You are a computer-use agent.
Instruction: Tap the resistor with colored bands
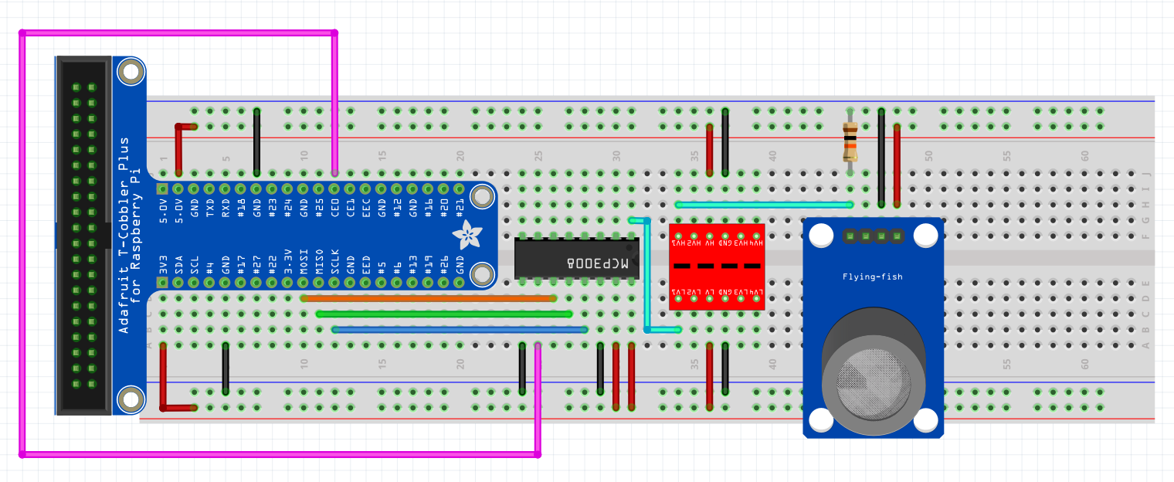[850, 143]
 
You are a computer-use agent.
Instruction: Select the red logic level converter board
[717, 266]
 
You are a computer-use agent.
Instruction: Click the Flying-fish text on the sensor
[872, 277]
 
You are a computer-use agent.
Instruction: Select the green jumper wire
[444, 314]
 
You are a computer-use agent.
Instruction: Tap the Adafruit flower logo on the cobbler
[467, 233]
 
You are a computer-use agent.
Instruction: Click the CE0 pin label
[335, 210]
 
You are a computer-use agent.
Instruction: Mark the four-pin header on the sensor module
[874, 235]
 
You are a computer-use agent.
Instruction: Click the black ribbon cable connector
[83, 235]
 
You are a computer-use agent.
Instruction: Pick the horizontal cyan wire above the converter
[763, 205]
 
